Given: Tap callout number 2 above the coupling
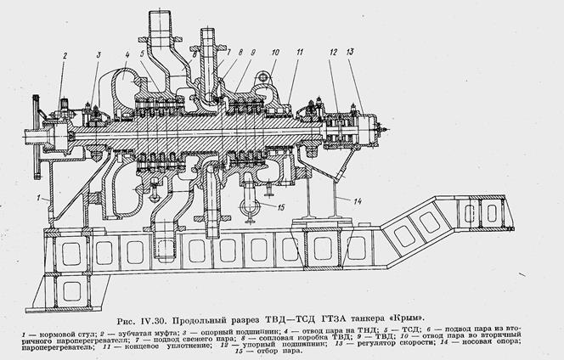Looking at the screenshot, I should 63,56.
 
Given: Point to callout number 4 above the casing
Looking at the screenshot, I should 127,56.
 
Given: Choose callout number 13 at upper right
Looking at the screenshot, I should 352,53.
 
